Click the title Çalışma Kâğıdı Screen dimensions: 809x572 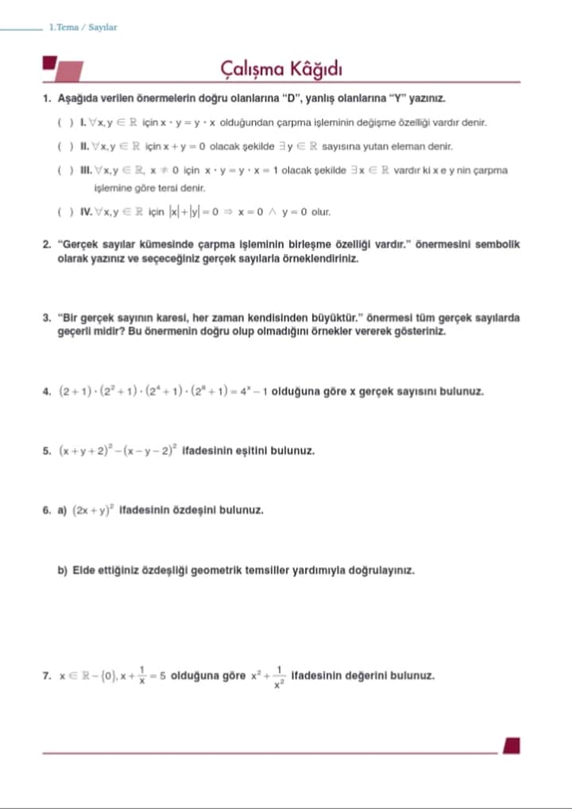[x=281, y=70]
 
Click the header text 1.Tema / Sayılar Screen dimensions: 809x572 [x=83, y=27]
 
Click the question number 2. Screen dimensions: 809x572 [x=47, y=245]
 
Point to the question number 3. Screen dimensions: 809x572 [x=47, y=318]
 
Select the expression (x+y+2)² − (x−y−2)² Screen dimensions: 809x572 [x=119, y=450]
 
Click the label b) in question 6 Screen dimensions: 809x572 [x=62, y=570]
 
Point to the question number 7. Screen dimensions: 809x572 [x=47, y=676]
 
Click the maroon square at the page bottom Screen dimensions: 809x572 [x=512, y=746]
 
